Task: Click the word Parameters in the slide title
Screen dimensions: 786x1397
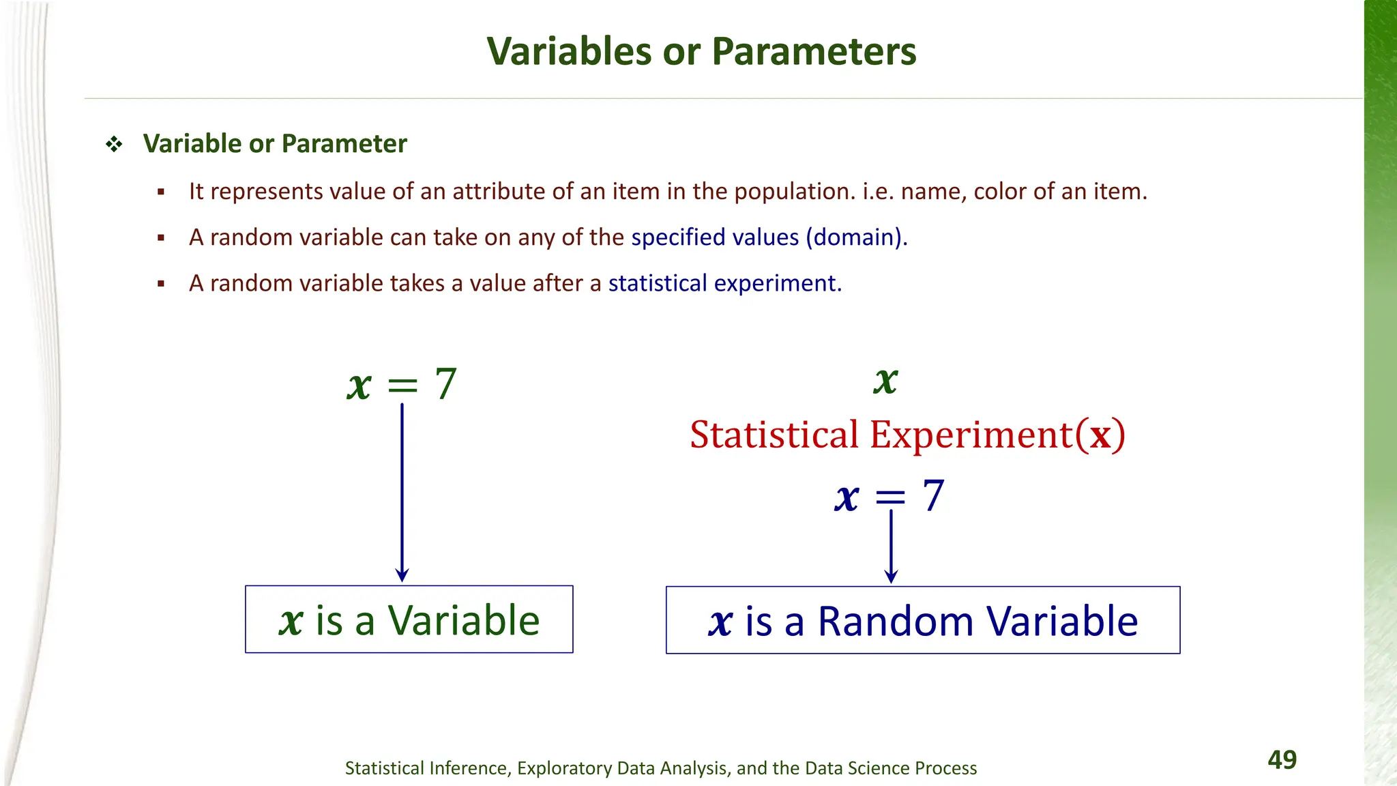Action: tap(814, 51)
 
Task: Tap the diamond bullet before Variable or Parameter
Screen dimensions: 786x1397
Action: tap(114, 144)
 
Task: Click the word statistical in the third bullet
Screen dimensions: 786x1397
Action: tap(658, 283)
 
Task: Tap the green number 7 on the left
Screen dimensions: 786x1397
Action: tap(445, 384)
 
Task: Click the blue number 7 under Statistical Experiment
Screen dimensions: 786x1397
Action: tap(933, 496)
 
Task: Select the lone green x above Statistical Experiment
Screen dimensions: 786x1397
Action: tap(885, 380)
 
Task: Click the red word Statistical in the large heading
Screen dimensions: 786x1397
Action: tap(774, 435)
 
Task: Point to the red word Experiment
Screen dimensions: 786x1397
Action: tap(971, 435)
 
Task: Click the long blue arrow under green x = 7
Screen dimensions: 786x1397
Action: tap(402, 491)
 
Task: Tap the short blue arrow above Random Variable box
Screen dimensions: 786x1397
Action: tap(891, 546)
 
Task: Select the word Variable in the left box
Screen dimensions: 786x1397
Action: tap(464, 620)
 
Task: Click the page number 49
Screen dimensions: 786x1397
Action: tap(1282, 759)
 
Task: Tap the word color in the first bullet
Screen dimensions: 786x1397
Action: tap(1000, 192)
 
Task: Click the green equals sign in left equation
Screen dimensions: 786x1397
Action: tap(402, 386)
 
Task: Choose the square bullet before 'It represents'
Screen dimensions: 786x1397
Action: tap(161, 192)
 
